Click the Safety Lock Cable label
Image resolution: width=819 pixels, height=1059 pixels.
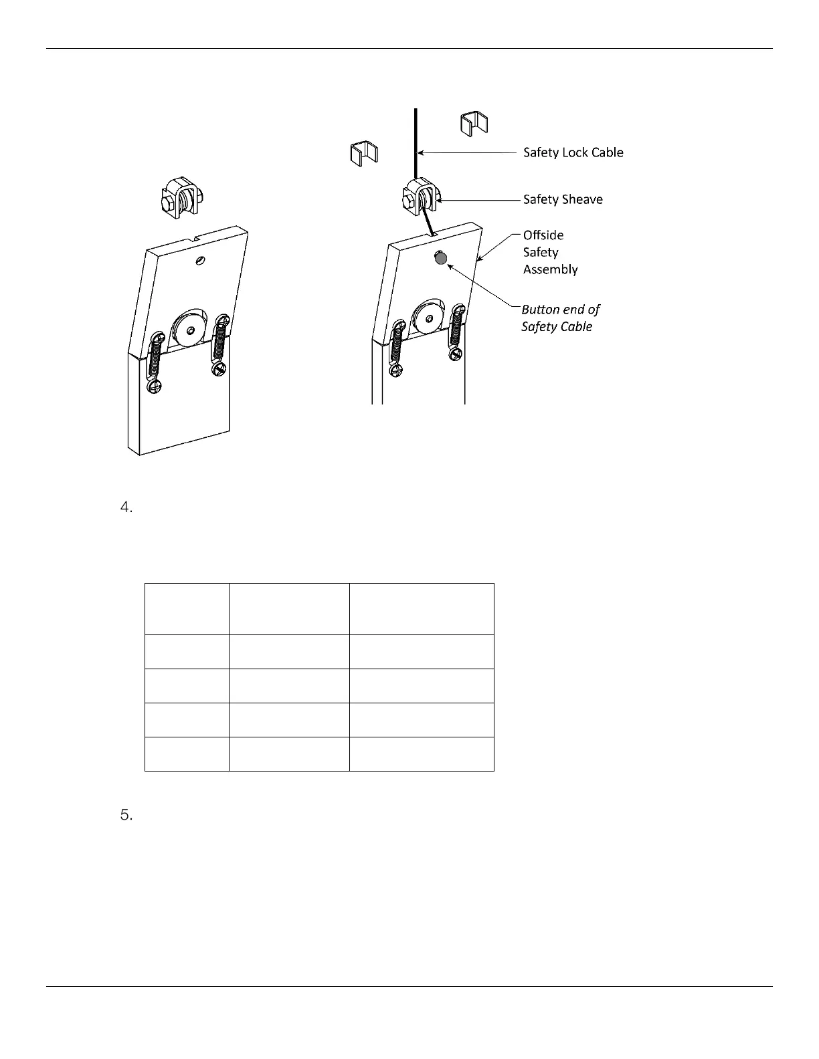click(573, 152)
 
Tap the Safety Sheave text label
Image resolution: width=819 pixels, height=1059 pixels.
click(562, 199)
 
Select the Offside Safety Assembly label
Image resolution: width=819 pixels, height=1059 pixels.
click(550, 252)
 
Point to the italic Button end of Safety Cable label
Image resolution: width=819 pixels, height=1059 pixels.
click(560, 318)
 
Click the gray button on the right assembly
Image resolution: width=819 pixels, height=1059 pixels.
click(440, 257)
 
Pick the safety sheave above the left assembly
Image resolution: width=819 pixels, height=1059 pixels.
click(181, 199)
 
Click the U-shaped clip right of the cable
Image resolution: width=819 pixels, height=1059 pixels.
click(474, 124)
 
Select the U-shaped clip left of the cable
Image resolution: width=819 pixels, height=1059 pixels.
click(364, 153)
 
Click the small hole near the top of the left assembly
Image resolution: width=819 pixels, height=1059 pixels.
click(198, 259)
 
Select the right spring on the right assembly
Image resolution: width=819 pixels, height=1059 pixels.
click(458, 328)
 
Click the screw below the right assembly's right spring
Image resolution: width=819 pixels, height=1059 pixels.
click(456, 354)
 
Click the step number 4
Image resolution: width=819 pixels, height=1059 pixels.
click(126, 509)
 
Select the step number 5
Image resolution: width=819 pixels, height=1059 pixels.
click(126, 816)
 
